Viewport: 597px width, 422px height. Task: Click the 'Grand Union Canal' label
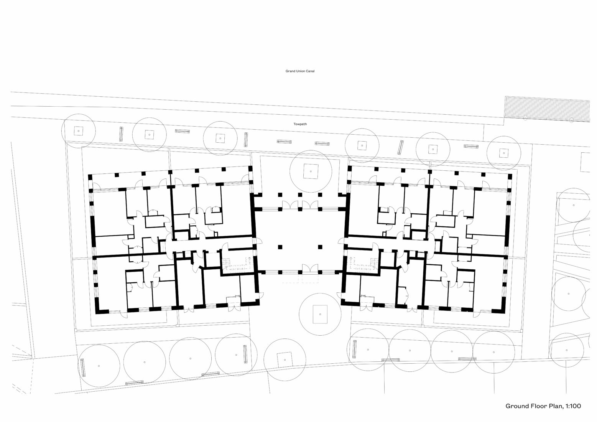(x=300, y=71)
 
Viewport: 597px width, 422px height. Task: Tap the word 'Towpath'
(x=300, y=124)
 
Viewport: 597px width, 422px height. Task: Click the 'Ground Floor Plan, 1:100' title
(x=543, y=406)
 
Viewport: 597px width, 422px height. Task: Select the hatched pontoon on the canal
(x=546, y=109)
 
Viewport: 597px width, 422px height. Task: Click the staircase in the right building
(x=363, y=265)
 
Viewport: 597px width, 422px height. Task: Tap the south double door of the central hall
(x=310, y=270)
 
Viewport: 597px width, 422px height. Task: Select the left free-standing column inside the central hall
(x=281, y=247)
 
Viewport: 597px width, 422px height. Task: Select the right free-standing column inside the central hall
(x=320, y=247)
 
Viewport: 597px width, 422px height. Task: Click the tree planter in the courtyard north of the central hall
(x=311, y=171)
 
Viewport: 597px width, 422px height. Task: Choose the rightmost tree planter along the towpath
(x=503, y=153)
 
